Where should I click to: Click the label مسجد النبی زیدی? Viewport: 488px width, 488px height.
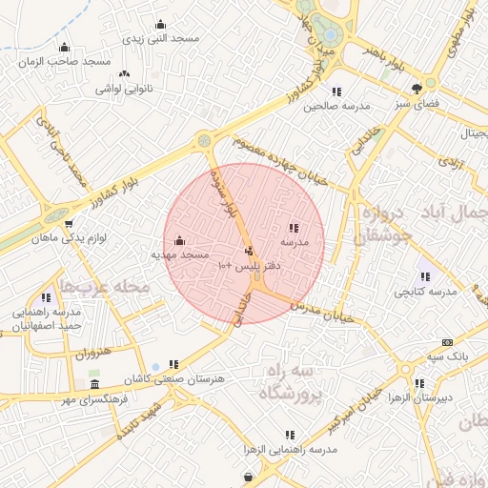click(x=160, y=38)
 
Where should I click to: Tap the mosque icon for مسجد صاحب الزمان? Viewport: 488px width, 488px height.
click(x=64, y=47)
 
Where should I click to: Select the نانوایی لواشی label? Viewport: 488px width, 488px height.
click(x=123, y=89)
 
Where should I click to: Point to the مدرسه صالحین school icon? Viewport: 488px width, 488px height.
click(x=336, y=91)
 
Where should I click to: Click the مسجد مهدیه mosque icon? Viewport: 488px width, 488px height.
click(x=180, y=240)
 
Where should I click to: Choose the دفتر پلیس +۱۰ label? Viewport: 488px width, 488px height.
click(x=248, y=264)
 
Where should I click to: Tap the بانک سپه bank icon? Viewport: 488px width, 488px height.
click(x=446, y=342)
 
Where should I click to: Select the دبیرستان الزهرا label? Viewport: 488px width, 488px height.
click(x=445, y=396)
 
